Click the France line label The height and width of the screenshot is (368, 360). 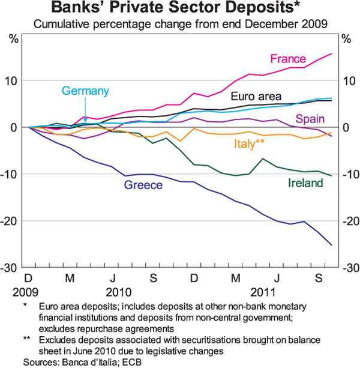(x=288, y=59)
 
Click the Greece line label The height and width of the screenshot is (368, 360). (x=143, y=186)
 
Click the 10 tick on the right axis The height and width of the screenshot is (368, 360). (x=347, y=80)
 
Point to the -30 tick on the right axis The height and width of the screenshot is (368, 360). (x=349, y=268)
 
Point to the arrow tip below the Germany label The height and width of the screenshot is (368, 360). (x=85, y=121)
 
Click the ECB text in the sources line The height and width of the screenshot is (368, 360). (x=134, y=362)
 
